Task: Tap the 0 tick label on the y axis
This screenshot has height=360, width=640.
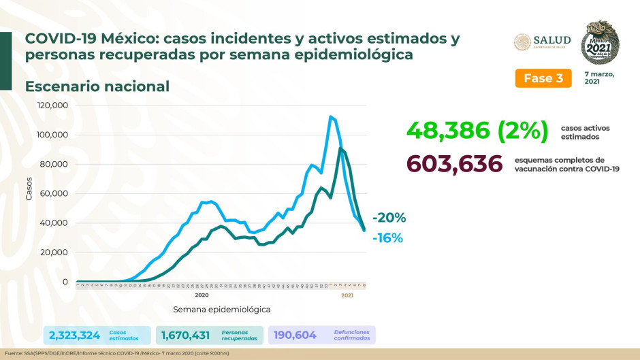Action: tap(65, 281)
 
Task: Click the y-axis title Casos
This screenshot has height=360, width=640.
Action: tap(29, 189)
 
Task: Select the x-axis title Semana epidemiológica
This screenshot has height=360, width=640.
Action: tap(221, 309)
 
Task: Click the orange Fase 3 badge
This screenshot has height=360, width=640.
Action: tap(543, 78)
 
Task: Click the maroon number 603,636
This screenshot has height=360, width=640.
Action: tap(453, 164)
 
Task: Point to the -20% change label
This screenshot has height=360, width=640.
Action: tap(389, 218)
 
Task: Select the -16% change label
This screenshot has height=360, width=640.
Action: tap(388, 238)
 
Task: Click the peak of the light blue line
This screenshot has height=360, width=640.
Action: tap(330, 116)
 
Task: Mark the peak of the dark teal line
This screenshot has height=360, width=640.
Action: tap(340, 148)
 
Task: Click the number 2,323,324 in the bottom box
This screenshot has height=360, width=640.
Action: tap(75, 335)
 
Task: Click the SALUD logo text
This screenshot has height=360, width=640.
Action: tap(551, 40)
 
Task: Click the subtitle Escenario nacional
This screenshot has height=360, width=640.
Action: tap(97, 86)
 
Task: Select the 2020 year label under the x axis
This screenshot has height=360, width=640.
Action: tap(202, 295)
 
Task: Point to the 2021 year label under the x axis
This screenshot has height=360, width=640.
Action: tap(347, 295)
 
